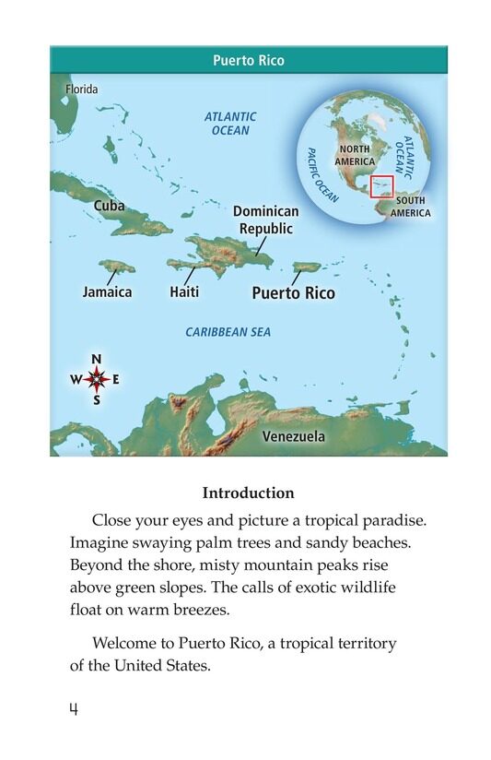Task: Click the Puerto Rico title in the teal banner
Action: point(248,61)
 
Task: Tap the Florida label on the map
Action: point(80,89)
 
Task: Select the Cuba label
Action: point(109,206)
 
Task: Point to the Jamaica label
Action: point(107,291)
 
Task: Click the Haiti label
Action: point(184,291)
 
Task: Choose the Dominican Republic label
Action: point(266,220)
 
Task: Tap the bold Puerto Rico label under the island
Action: point(294,293)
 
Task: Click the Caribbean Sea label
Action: point(228,332)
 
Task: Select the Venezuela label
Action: point(293,435)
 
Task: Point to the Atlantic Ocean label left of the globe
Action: point(230,124)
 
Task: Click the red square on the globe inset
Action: point(381,187)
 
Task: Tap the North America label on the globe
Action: point(355,155)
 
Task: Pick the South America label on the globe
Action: point(410,207)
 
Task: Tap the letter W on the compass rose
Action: point(76,379)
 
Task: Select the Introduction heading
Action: point(248,493)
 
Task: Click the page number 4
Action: point(74,707)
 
